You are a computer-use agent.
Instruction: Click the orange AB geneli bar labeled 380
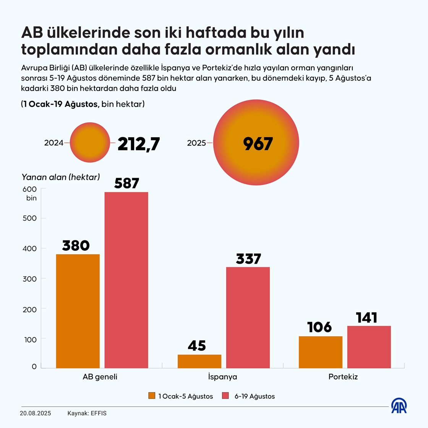pos(78,311)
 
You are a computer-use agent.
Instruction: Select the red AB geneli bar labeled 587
pos(126,280)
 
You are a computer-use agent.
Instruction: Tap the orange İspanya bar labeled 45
pos(199,361)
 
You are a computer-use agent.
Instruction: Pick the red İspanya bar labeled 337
pos(248,317)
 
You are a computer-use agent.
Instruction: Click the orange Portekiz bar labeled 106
pos(320,352)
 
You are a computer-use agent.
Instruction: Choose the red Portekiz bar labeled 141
pos(369,347)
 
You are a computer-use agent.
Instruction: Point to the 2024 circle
pos(91,143)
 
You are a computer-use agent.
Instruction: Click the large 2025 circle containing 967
pos(256,143)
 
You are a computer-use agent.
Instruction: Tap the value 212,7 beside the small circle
pos(138,144)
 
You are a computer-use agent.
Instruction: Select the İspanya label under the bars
pos(222,377)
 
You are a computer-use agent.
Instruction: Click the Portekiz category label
pos(343,377)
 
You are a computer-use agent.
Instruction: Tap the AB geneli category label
pos(100,377)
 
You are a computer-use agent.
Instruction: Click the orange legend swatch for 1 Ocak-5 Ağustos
pos(152,396)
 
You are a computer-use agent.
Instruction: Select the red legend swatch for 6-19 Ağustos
pos(225,396)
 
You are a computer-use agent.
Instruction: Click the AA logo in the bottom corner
pos(399,406)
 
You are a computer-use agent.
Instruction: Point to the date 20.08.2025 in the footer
pos(35,413)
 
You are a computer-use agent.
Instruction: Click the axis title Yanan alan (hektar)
pos(61,177)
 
